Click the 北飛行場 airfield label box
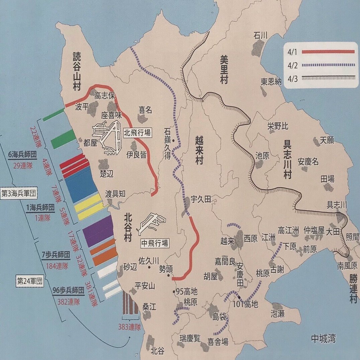click(x=138, y=132)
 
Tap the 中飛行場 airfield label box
click(x=155, y=243)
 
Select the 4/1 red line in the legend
click(x=328, y=52)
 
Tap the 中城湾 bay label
click(x=322, y=338)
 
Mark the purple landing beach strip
click(x=98, y=231)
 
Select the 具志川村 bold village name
click(x=287, y=160)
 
